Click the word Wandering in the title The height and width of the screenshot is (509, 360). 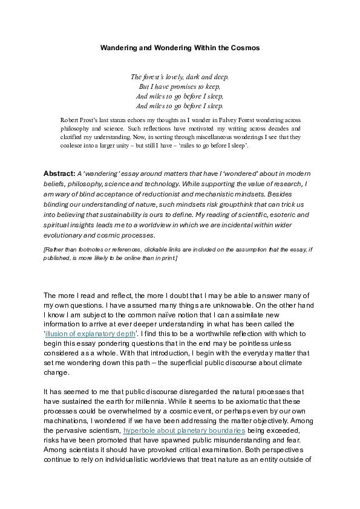coord(117,47)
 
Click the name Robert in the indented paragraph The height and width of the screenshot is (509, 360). coord(72,120)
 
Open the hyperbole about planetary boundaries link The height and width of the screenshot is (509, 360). coord(185,430)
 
